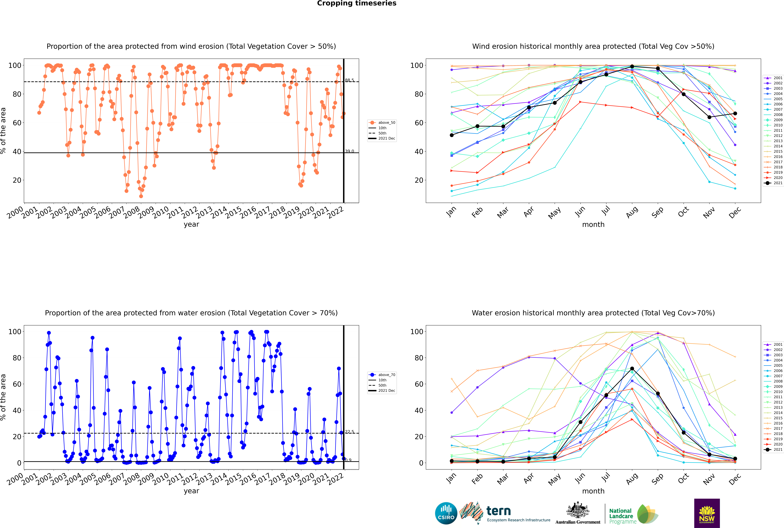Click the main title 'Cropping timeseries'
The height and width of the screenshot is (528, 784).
[357, 3]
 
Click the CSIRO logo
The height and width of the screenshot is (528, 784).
[446, 513]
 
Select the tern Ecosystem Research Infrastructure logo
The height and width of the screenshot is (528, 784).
[505, 513]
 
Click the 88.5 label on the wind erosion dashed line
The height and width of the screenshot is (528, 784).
[350, 80]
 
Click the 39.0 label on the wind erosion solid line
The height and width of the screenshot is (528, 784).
[350, 151]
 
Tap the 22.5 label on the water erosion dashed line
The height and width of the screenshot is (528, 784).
[350, 432]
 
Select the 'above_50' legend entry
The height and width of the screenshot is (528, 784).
[382, 123]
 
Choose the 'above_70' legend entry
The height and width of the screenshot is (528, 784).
[382, 375]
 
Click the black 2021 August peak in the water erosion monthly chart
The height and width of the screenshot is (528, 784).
[632, 369]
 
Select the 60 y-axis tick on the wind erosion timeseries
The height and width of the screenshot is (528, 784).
[17, 123]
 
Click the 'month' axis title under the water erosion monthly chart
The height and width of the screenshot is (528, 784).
[593, 491]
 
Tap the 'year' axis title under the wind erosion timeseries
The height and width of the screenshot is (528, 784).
[191, 225]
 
